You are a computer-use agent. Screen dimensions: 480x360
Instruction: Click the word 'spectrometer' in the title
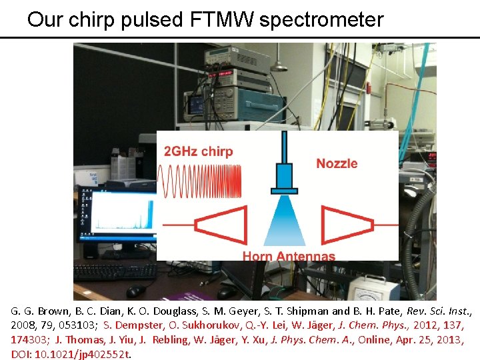[321, 19]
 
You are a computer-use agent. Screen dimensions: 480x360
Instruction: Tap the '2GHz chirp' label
[199, 151]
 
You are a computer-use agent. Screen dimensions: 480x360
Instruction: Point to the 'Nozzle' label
[337, 163]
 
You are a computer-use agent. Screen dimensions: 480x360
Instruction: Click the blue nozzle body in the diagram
[285, 177]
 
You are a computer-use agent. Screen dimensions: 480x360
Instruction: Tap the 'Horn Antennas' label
[289, 256]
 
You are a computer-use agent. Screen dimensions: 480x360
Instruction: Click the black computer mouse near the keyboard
[135, 291]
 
